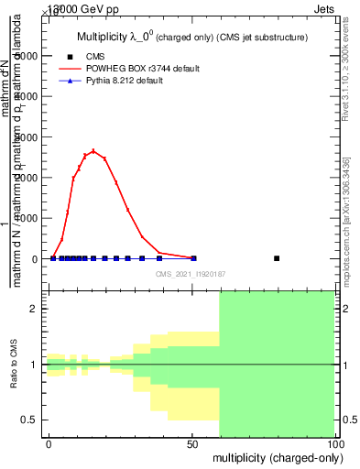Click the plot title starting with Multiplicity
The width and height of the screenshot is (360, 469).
pyautogui.click(x=190, y=38)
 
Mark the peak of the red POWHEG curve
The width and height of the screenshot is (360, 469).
pyautogui.click(x=93, y=151)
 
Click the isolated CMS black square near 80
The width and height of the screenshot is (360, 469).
pyautogui.click(x=277, y=258)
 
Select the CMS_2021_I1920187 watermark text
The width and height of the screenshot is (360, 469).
pyautogui.click(x=190, y=274)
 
